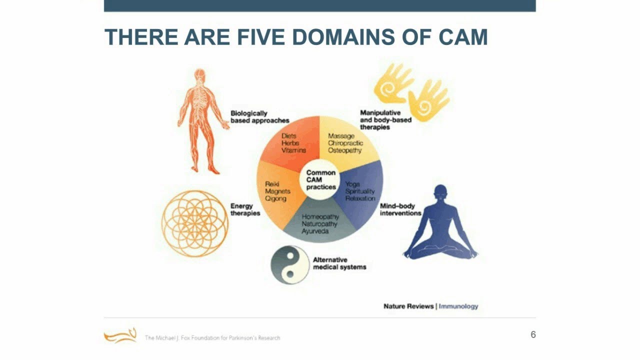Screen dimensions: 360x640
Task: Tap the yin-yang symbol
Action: (289, 264)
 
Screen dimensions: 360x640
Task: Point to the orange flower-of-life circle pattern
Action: (195, 223)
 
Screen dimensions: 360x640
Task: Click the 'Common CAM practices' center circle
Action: (320, 180)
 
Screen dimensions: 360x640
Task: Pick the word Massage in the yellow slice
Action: (341, 136)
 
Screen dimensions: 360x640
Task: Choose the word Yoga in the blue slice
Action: (352, 184)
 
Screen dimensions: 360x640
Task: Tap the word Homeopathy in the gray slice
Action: (320, 217)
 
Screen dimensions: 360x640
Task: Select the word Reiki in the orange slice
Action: (272, 184)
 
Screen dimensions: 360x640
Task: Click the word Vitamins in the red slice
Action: (293, 150)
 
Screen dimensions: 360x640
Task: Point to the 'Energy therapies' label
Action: (245, 209)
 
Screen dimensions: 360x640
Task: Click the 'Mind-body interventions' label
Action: (400, 209)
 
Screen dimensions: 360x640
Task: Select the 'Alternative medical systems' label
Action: (339, 263)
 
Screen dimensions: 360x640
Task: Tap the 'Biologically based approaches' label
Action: (259, 117)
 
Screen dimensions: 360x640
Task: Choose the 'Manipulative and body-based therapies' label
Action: (385, 120)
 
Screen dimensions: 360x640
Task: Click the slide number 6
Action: (533, 334)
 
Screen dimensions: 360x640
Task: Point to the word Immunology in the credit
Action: (458, 306)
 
